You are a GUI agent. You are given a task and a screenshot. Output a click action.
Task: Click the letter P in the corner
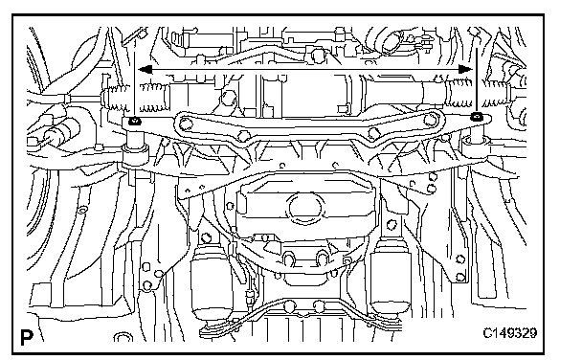click(x=27, y=337)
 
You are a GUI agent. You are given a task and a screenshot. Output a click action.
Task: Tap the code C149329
click(x=509, y=333)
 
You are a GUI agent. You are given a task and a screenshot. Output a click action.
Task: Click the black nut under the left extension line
click(x=134, y=121)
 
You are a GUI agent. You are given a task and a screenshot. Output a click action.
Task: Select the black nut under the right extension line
click(x=476, y=117)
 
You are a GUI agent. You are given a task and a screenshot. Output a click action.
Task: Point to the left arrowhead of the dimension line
click(x=145, y=69)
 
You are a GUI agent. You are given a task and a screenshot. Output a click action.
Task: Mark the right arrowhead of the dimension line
click(x=465, y=69)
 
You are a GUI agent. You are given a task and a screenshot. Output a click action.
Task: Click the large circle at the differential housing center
click(x=306, y=208)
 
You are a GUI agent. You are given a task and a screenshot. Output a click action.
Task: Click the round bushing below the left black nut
click(x=136, y=153)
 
